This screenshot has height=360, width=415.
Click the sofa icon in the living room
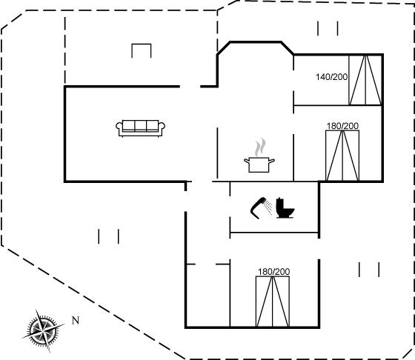point(140,129)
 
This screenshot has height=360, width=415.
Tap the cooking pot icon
point(259,164)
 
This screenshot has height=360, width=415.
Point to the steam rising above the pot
point(260,147)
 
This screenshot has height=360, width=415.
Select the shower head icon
point(258,208)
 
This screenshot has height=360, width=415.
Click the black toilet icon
point(285,208)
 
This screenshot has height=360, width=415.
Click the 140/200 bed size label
point(332,77)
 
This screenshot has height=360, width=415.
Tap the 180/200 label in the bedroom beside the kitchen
point(342,126)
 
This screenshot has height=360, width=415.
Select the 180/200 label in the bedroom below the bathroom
point(274,272)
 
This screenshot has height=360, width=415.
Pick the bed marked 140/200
point(365,80)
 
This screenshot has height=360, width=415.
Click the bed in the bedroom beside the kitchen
point(342,156)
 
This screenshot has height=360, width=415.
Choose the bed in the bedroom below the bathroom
point(273,301)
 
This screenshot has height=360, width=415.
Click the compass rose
point(43,330)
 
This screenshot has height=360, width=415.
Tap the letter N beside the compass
point(76,321)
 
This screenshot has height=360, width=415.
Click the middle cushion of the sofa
point(141,126)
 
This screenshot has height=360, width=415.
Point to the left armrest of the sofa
point(119,126)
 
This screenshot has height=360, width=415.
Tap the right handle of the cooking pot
point(272,160)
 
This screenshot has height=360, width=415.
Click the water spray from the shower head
point(268,207)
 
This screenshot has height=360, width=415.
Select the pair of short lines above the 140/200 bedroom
point(328,29)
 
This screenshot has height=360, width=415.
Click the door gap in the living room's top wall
point(190,86)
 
